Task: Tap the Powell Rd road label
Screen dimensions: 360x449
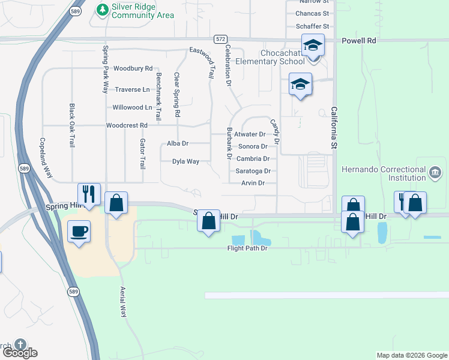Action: point(359,41)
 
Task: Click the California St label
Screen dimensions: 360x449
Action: point(334,128)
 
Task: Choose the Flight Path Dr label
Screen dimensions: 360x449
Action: point(247,248)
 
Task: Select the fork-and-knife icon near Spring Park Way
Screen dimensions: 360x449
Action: point(88,194)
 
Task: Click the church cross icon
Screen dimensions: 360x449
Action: point(20,345)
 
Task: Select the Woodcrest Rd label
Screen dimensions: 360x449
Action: point(127,125)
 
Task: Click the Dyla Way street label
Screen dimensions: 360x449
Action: point(185,161)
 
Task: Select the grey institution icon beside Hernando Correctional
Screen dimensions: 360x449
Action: point(435,173)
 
